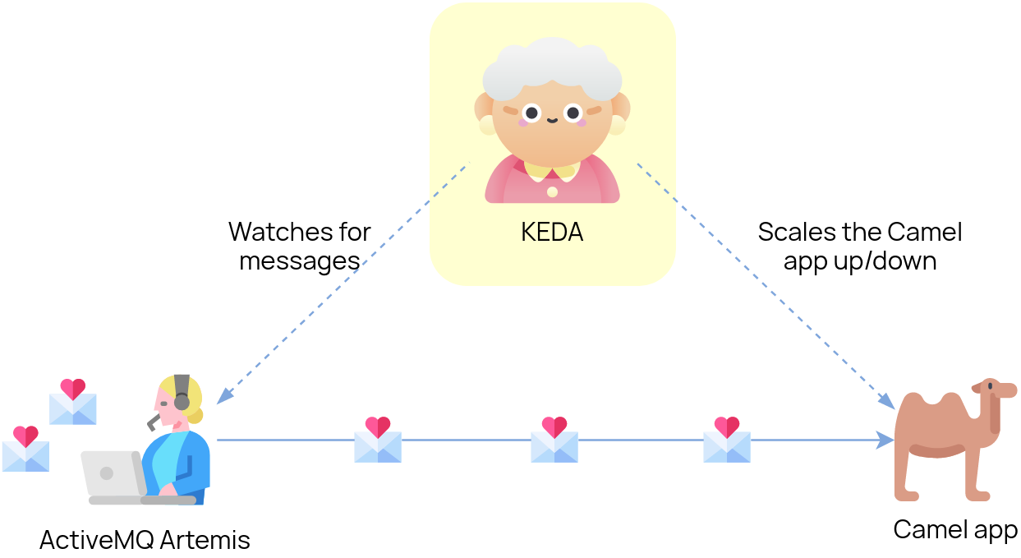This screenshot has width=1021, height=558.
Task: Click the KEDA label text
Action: [x=552, y=233]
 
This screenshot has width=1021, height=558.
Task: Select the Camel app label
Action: [x=955, y=530]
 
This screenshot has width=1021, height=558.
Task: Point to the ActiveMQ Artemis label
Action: [x=145, y=540]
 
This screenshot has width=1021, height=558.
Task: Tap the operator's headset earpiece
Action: [x=182, y=401]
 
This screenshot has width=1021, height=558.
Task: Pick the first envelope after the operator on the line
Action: [x=378, y=442]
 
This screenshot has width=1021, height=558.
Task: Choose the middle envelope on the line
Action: [x=554, y=442]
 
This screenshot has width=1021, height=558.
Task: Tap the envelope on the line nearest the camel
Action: [x=727, y=442]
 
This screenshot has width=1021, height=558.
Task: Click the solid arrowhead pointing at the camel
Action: [x=886, y=440]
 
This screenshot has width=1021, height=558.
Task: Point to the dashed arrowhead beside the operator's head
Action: [x=223, y=396]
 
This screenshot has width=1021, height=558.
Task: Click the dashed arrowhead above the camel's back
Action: [x=886, y=400]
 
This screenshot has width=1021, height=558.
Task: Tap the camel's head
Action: [x=993, y=390]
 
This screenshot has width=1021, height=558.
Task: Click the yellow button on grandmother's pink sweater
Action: [x=552, y=191]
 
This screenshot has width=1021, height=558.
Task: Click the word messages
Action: [x=300, y=261]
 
